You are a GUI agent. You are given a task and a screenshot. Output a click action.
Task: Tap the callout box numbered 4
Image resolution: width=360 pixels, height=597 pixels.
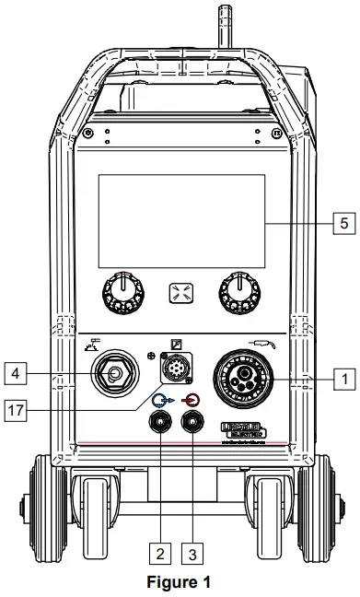(13, 373)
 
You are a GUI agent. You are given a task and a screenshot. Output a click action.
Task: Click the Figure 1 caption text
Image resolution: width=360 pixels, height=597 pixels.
(180, 582)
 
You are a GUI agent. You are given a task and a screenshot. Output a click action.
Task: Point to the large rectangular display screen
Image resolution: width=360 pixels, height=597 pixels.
(180, 224)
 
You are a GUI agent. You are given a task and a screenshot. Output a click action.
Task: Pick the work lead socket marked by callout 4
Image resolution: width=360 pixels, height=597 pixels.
(115, 375)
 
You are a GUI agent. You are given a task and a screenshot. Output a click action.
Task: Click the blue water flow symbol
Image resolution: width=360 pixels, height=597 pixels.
(162, 400)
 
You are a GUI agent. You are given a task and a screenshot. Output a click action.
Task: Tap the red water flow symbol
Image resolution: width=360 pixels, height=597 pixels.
(192, 400)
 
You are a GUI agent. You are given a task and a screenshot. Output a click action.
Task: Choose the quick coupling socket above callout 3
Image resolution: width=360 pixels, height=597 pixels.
(193, 426)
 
